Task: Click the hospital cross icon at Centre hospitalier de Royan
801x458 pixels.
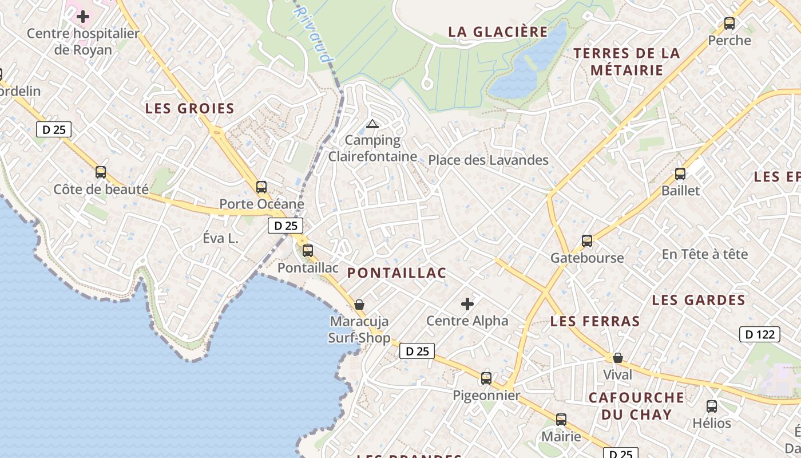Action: click(x=83, y=17)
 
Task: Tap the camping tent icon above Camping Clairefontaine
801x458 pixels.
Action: click(x=372, y=124)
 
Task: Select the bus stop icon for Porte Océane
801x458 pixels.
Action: click(x=261, y=187)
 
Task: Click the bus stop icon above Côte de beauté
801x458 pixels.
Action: click(x=101, y=172)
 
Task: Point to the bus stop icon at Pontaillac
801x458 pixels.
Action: click(x=308, y=250)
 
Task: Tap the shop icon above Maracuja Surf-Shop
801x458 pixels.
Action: click(x=359, y=304)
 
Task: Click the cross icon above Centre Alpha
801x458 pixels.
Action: click(x=467, y=303)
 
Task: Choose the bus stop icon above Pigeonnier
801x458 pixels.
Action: click(x=486, y=378)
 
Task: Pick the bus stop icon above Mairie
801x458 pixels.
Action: click(x=561, y=419)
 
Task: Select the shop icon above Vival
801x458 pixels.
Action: click(x=618, y=358)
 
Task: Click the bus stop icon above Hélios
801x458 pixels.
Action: click(x=712, y=406)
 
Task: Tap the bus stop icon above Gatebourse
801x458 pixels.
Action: click(x=587, y=240)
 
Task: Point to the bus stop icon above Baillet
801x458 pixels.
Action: click(x=680, y=173)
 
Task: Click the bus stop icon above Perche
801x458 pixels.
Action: click(x=729, y=23)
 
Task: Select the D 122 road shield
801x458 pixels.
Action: click(x=760, y=334)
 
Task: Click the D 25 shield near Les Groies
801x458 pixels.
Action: click(x=54, y=129)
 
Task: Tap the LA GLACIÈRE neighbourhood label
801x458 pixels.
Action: click(x=498, y=31)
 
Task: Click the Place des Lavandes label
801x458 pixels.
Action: click(x=488, y=160)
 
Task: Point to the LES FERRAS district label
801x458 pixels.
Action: click(x=595, y=321)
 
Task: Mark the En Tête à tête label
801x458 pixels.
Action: click(x=704, y=254)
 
